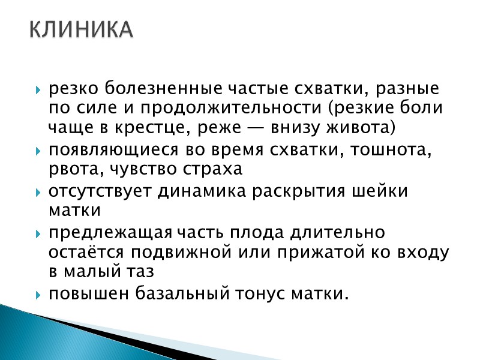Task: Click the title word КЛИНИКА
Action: point(81,30)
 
